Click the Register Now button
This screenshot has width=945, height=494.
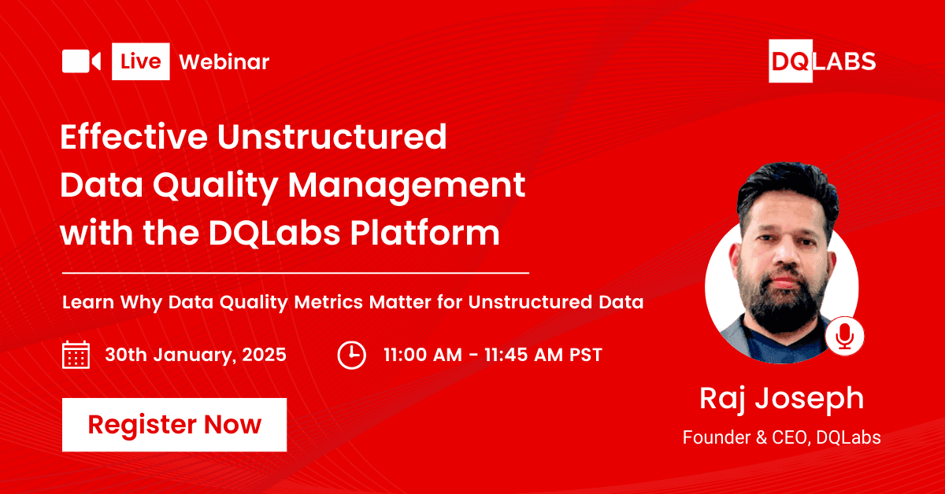(174, 425)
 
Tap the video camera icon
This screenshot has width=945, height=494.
(81, 61)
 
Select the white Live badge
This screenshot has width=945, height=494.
(141, 61)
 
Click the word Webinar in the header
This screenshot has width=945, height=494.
(224, 62)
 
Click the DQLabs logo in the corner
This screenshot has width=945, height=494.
(822, 61)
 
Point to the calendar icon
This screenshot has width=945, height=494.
(76, 355)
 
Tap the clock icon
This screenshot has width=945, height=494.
(351, 355)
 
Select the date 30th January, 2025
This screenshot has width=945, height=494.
(195, 355)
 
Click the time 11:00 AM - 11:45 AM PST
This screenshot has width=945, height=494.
(492, 355)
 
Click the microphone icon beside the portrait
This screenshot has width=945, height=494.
(844, 336)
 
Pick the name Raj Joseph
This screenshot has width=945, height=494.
(781, 398)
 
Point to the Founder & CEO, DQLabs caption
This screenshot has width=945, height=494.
(781, 437)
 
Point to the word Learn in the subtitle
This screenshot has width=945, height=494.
(87, 302)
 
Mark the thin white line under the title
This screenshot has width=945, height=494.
(295, 273)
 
